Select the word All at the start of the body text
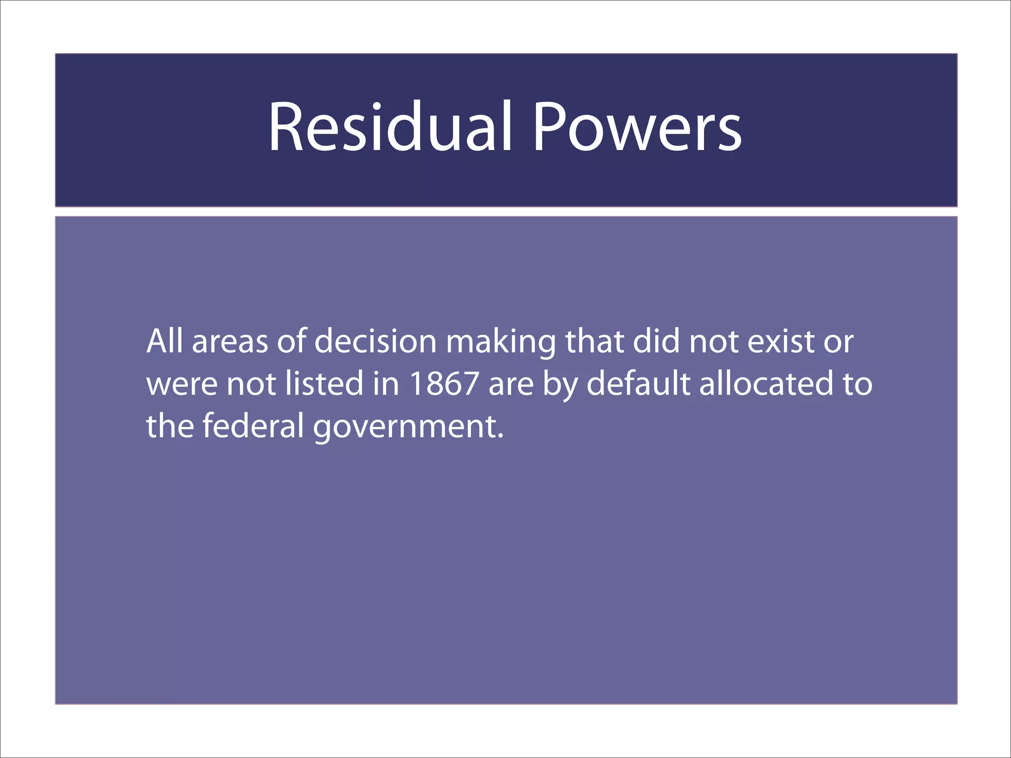tap(164, 341)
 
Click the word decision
tap(376, 341)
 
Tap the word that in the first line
tap(595, 341)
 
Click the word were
tap(182, 384)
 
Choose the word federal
tap(253, 426)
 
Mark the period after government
tap(501, 437)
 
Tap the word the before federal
tap(170, 426)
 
